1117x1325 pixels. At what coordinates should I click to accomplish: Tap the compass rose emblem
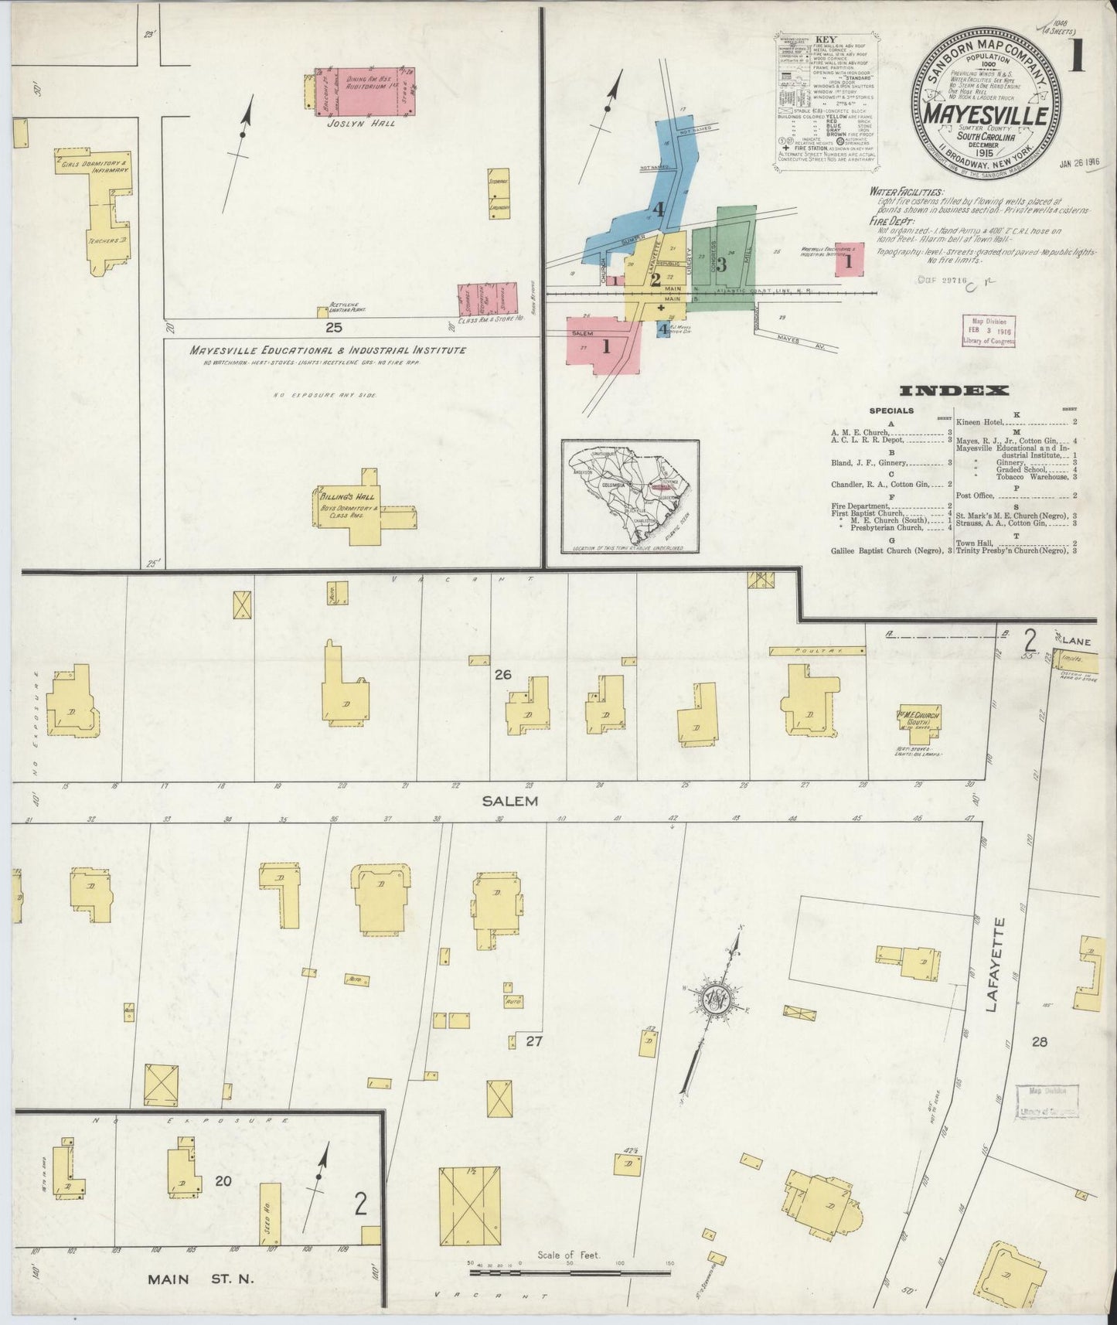(717, 998)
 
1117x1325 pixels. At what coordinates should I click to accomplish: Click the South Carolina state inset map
(630, 496)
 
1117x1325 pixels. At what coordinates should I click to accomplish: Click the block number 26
(502, 675)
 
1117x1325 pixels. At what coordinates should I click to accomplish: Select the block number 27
(533, 1041)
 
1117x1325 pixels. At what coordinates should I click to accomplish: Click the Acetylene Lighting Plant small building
(322, 312)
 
